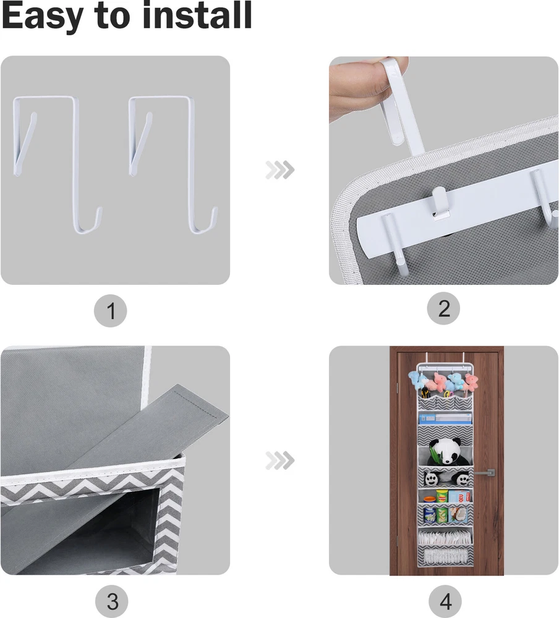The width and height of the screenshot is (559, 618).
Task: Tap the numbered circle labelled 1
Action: coord(111,311)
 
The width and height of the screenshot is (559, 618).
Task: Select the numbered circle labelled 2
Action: coord(443,308)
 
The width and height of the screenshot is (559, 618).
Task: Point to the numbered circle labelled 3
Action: coord(112,601)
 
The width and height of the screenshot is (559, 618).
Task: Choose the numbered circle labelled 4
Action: coord(445,601)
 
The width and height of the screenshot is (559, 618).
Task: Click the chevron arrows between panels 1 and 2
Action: coord(279,170)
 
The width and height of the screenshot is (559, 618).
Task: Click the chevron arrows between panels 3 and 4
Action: coord(279,460)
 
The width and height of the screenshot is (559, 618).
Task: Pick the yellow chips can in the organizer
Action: coord(442,496)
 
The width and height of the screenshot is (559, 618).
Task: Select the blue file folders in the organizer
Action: coord(445,418)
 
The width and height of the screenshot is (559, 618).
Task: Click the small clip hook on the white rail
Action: coord(440,203)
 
